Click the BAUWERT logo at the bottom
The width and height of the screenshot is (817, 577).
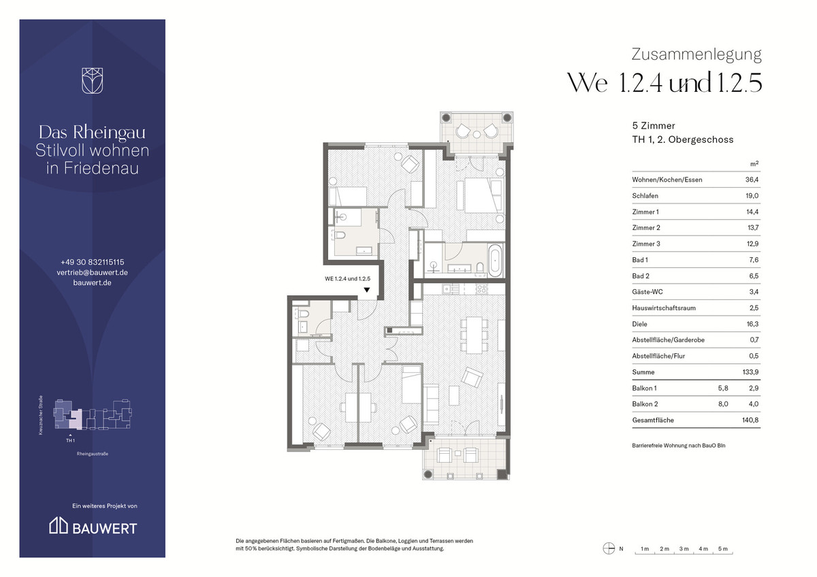pyautogui.click(x=93, y=525)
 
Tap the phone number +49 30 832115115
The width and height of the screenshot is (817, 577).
pyautogui.click(x=93, y=262)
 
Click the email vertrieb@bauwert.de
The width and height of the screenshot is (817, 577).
pyautogui.click(x=93, y=272)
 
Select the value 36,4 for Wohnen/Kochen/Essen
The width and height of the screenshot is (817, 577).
pyautogui.click(x=752, y=180)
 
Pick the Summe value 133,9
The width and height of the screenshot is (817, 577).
pyautogui.click(x=750, y=372)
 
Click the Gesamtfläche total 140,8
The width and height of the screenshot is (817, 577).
pyautogui.click(x=750, y=421)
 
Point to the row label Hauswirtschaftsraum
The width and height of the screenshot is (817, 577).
pyautogui.click(x=664, y=308)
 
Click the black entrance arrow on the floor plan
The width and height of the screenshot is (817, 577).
pyautogui.click(x=367, y=290)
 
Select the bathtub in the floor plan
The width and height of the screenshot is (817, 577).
pyautogui.click(x=495, y=261)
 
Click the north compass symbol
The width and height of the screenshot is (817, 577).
pyautogui.click(x=609, y=548)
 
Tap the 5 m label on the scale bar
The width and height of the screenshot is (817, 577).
pyautogui.click(x=723, y=549)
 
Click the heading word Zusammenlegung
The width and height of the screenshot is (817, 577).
pyautogui.click(x=696, y=54)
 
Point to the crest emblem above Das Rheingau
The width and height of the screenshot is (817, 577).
pyautogui.click(x=93, y=80)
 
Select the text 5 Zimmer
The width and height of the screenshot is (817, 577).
pyautogui.click(x=654, y=126)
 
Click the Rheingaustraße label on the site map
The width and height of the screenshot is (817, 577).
pyautogui.click(x=93, y=454)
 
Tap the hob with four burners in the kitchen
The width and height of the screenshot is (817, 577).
pyautogui.click(x=481, y=289)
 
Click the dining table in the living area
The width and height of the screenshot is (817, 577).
pyautogui.click(x=474, y=335)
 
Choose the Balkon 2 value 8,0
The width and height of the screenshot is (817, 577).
pyautogui.click(x=723, y=404)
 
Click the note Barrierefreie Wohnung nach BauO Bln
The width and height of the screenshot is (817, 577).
pyautogui.click(x=679, y=446)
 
